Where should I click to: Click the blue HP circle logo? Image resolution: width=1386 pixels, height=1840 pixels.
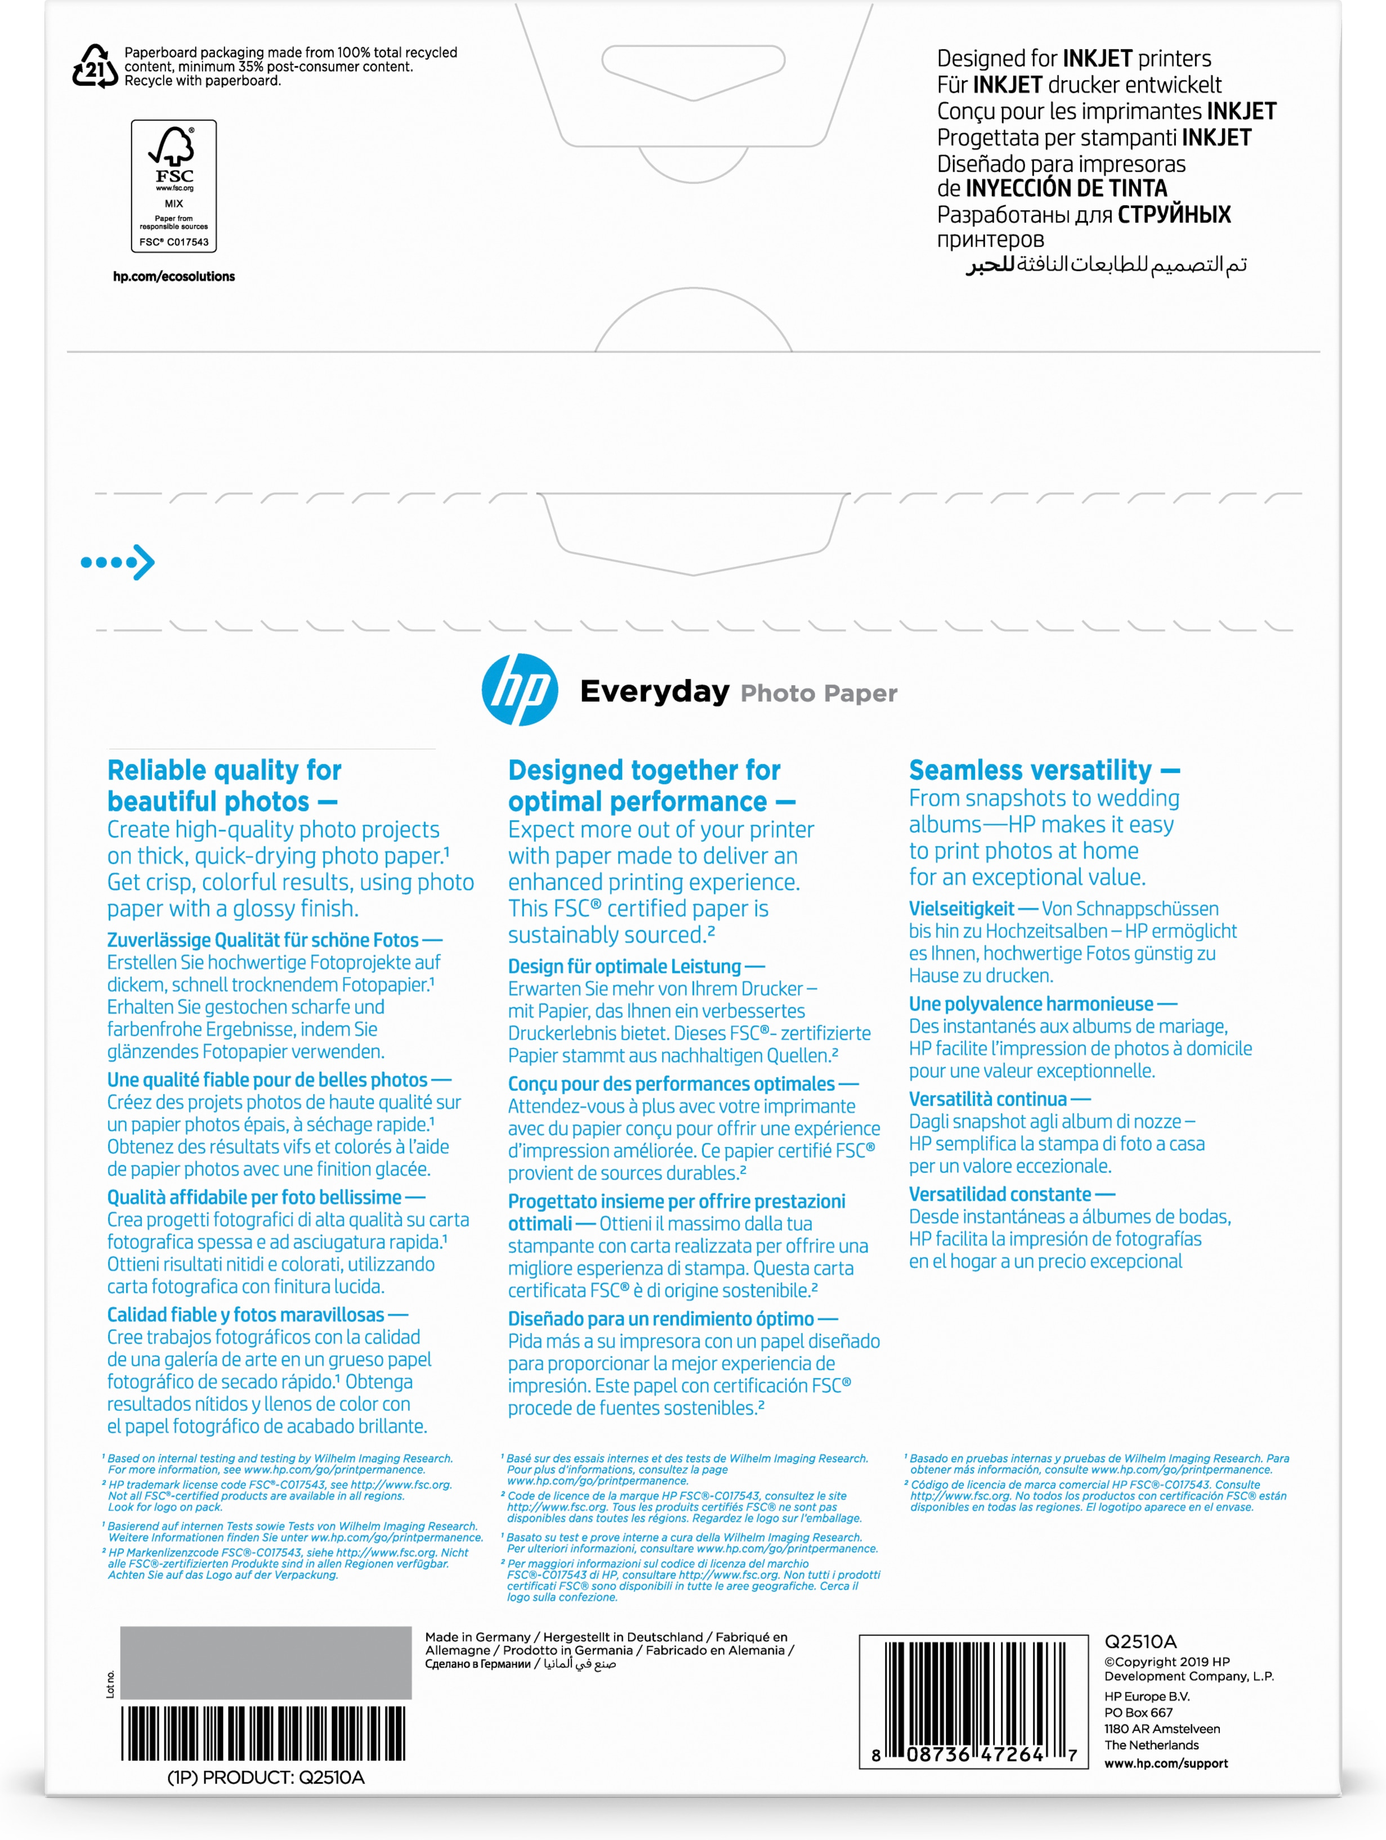click(520, 690)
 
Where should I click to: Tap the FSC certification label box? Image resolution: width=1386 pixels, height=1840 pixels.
click(174, 185)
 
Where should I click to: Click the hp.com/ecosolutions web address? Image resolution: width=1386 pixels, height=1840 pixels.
click(174, 276)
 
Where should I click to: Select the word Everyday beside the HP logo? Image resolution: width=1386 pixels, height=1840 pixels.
click(654, 691)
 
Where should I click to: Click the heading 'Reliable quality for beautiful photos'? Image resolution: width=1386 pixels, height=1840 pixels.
click(223, 785)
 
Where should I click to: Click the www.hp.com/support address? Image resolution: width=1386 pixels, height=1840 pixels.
click(1166, 1763)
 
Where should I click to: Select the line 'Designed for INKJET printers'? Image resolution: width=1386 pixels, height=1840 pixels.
click(1074, 58)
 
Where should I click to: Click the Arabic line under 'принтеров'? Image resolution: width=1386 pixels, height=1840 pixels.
click(1106, 265)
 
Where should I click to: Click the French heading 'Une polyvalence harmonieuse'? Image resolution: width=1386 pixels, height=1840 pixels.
click(1031, 1004)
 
